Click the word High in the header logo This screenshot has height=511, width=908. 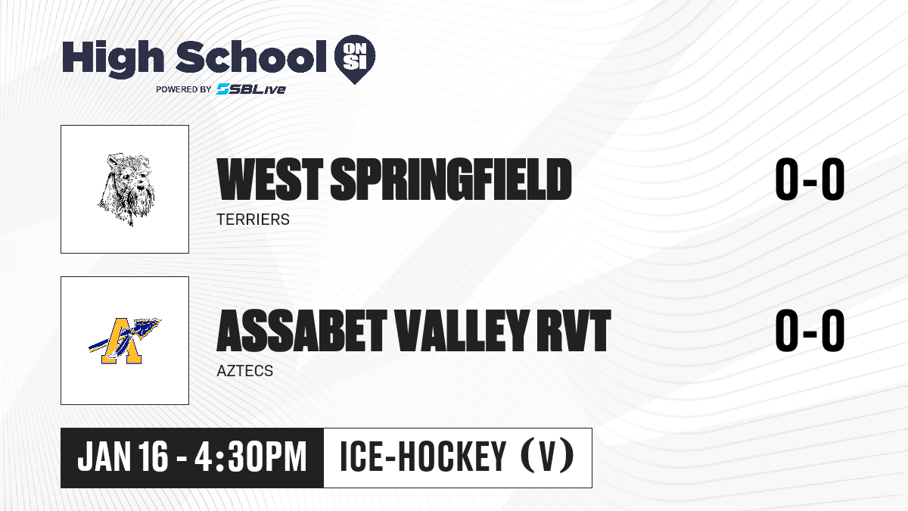[x=113, y=58]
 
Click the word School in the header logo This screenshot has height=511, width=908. [x=251, y=56]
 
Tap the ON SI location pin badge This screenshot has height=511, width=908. [x=355, y=59]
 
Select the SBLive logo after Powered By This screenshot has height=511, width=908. [x=250, y=89]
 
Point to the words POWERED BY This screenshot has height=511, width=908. [x=184, y=89]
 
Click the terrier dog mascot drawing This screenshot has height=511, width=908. [x=126, y=189]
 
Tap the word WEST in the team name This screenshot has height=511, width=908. [x=270, y=179]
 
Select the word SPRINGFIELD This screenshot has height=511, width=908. [x=451, y=179]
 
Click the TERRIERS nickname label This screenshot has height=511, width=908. [x=253, y=220]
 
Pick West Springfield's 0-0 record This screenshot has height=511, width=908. [x=810, y=179]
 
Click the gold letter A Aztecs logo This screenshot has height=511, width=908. [x=125, y=341]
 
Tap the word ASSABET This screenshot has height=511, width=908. [x=302, y=331]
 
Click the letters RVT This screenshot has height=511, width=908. [x=574, y=331]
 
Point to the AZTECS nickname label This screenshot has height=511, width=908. [x=245, y=371]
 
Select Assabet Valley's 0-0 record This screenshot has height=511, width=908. [x=810, y=331]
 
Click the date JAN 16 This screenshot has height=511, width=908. [x=123, y=456]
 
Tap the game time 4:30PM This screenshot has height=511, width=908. [x=250, y=456]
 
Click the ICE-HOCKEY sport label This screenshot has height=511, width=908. [x=423, y=456]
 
